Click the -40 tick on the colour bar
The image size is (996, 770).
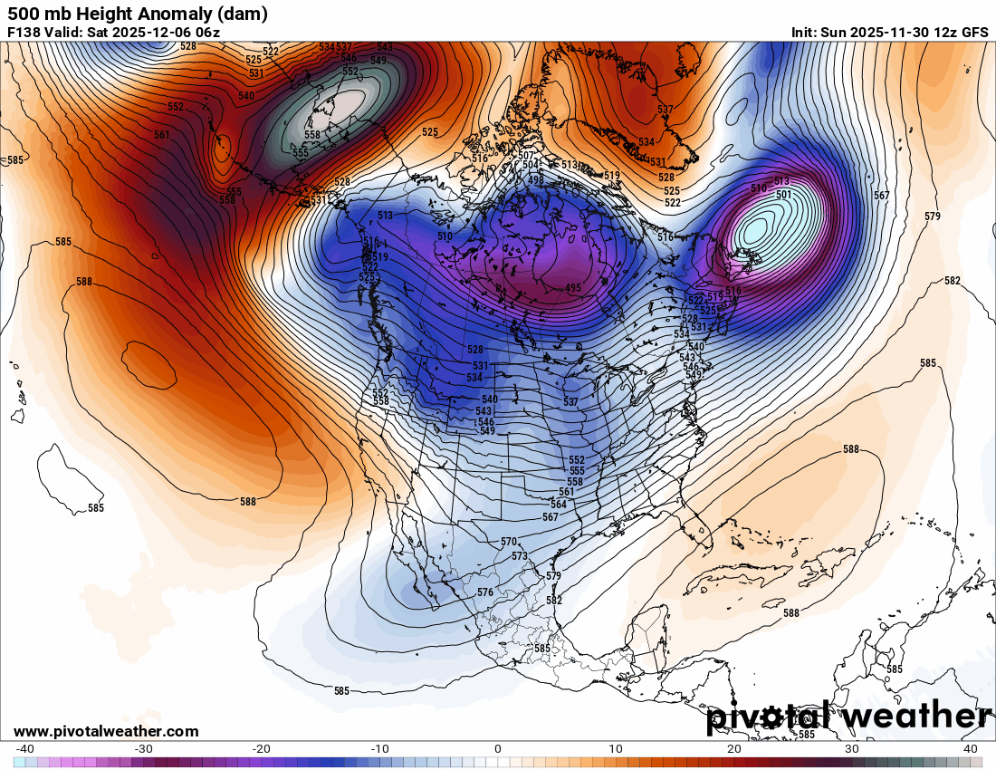coord(25,749)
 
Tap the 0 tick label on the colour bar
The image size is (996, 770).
coord(497,749)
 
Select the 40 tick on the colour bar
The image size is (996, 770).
coord(971,749)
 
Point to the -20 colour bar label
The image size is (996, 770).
coord(261,749)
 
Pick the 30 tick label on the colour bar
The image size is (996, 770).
coord(852,749)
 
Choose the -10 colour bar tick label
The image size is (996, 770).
coord(378,749)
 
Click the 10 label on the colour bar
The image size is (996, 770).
coord(616,749)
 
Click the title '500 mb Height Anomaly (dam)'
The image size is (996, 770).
coord(137,14)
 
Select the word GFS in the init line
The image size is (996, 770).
coord(974,33)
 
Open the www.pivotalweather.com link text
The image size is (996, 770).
coord(106,731)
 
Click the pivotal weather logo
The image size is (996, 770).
coord(848,717)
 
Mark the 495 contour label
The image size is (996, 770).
coord(572,288)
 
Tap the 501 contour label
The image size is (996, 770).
coord(784,195)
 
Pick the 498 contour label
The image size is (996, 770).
coord(536,180)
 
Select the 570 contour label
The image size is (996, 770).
coord(508,542)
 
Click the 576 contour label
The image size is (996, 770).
coord(485,592)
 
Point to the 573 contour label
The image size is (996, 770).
coord(519,556)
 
